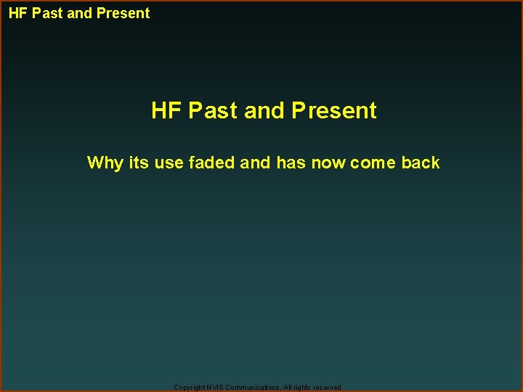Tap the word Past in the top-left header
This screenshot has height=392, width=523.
[x=47, y=13]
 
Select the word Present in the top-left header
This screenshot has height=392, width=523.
[x=123, y=13]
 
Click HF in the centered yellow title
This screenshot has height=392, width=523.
[x=166, y=111]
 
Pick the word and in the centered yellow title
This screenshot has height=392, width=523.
[x=264, y=111]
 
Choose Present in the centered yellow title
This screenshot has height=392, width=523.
[x=334, y=111]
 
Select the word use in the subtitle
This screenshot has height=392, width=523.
[x=169, y=163]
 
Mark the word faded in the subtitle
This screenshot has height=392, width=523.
[x=212, y=163]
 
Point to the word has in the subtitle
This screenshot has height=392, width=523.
[x=291, y=163]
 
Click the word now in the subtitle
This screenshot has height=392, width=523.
[x=328, y=163]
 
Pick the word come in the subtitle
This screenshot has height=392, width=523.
[x=373, y=163]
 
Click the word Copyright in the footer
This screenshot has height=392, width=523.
[x=190, y=388]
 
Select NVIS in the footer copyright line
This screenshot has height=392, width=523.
[x=215, y=388]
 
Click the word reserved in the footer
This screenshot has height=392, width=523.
[x=328, y=388]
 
